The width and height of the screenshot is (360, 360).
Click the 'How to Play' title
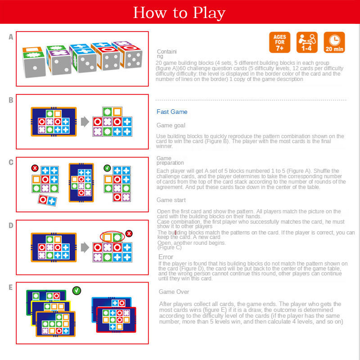179,13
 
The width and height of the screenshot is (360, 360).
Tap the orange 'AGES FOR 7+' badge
279,42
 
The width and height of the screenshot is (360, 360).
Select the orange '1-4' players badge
307,42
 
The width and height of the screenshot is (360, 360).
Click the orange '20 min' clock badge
334,42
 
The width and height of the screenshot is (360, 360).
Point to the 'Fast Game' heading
172,112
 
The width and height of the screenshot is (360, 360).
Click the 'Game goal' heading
171,126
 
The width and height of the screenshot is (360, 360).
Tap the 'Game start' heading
171,200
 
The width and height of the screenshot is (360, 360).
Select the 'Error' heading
166,257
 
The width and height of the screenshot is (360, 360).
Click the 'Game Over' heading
174,292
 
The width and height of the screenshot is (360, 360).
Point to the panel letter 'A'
11,37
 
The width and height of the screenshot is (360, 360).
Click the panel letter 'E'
10,287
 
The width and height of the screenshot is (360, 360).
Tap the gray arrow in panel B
85,121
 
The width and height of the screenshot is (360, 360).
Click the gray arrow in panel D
85,247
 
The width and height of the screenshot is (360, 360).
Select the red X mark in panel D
129,234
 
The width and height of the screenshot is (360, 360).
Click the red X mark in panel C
35,168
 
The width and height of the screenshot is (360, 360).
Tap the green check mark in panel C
107,168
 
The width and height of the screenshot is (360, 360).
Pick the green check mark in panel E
76,291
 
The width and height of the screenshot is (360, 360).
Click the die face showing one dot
35,67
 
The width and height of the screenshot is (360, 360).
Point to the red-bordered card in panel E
116,319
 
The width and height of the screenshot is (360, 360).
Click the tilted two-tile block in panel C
47,200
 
